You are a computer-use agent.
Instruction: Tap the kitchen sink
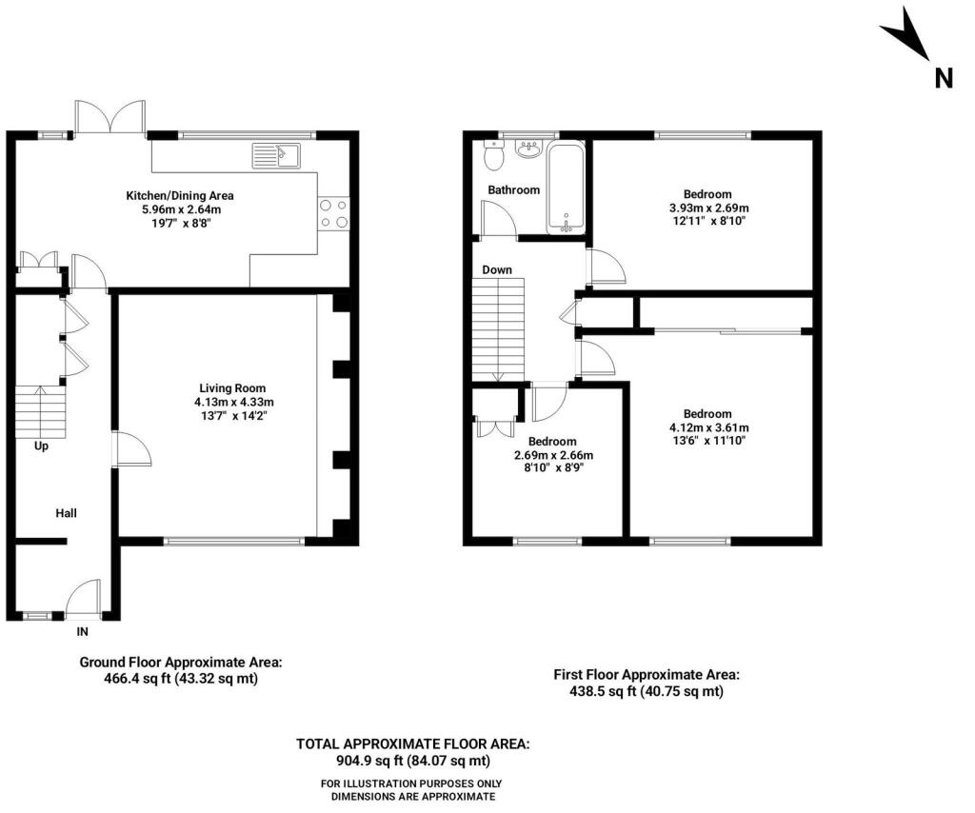tap(276, 154)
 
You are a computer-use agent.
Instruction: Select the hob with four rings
tap(333, 212)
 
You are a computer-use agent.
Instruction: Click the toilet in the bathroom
tap(492, 155)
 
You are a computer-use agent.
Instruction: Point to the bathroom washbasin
tap(527, 149)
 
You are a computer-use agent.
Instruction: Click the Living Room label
tap(232, 387)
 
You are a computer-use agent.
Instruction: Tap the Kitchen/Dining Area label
tap(180, 195)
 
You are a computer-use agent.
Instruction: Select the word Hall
tap(66, 513)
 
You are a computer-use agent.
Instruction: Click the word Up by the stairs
tap(41, 446)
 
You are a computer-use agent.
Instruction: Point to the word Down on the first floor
tap(497, 270)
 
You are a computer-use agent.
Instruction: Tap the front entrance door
tap(84, 598)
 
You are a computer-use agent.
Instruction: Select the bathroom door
tap(498, 220)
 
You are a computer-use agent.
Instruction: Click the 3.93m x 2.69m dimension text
tap(709, 208)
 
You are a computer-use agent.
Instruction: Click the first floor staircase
tap(499, 328)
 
